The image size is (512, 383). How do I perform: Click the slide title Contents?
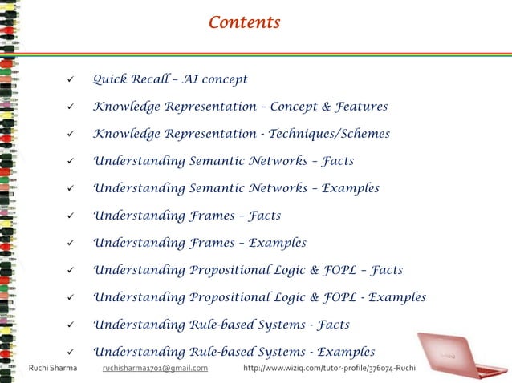(244, 22)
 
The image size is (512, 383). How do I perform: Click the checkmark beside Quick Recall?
(71, 80)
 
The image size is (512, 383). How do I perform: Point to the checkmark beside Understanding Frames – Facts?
(71, 216)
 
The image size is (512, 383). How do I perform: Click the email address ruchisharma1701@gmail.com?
(156, 368)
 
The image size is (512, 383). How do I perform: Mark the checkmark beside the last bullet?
(71, 353)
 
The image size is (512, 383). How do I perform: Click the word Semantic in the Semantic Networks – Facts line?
(222, 161)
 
